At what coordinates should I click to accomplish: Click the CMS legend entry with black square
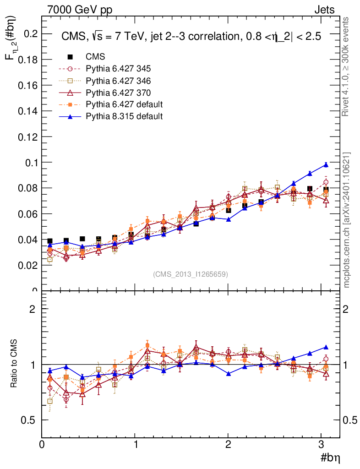[x=95, y=57]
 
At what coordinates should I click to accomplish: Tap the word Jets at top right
[x=324, y=10]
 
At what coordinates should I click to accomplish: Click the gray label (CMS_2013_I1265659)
[x=191, y=274]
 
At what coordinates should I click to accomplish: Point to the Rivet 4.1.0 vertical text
[x=346, y=66]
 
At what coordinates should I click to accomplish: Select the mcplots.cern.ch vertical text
[x=347, y=220]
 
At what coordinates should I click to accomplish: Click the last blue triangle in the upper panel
[x=326, y=165]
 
